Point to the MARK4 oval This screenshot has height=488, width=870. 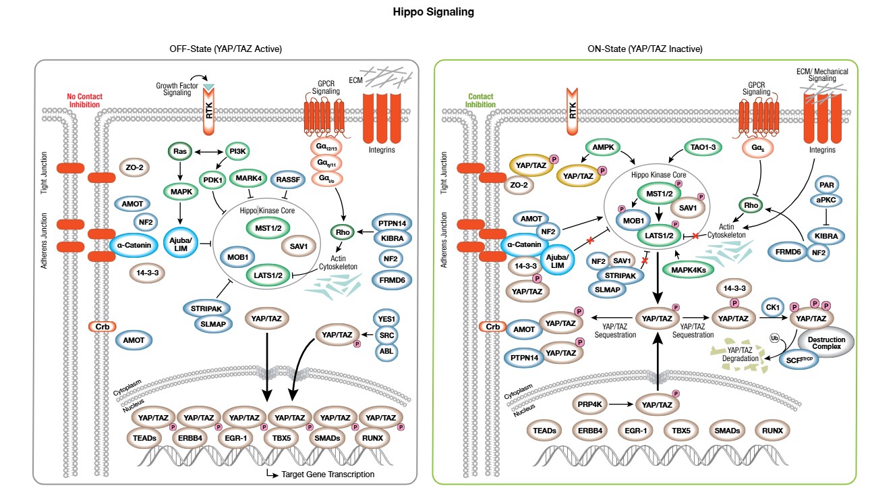coord(250,179)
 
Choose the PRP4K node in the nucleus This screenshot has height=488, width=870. coord(589,404)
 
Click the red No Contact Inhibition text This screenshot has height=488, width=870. coord(84,101)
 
